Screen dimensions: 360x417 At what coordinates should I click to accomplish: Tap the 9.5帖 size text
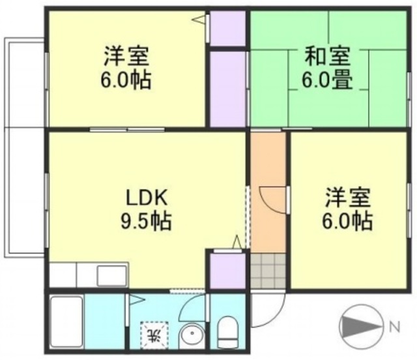point(147,222)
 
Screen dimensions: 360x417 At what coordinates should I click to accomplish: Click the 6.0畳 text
point(326,81)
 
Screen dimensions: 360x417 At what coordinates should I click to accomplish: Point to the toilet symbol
point(228,333)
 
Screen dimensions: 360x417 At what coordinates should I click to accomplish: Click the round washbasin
point(192,337)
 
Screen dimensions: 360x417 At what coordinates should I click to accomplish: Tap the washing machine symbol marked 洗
point(155,335)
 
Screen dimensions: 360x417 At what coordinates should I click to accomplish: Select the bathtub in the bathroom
point(66,322)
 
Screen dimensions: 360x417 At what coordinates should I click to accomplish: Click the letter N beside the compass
point(394,325)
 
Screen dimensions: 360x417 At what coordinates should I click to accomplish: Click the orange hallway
point(267,189)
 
